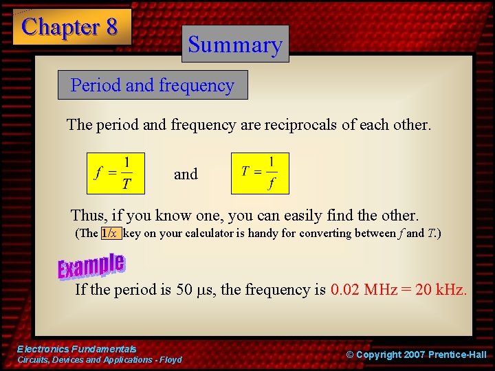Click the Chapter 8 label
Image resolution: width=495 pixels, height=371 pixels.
(x=70, y=27)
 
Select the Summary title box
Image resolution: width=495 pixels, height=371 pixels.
(x=235, y=45)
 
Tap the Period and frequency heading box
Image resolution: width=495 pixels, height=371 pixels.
(x=153, y=86)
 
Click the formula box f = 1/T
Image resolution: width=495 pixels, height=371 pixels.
(x=115, y=173)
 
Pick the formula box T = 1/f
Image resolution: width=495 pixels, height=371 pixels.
(x=260, y=173)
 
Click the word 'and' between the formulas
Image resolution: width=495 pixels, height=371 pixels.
(x=186, y=175)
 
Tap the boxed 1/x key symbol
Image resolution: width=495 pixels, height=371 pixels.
(x=111, y=233)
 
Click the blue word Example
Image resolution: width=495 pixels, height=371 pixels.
(x=91, y=265)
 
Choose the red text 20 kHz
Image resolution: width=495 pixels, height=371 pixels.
(x=441, y=289)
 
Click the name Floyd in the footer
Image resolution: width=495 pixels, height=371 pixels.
(x=170, y=360)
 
